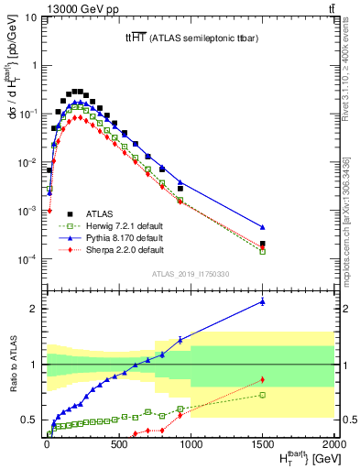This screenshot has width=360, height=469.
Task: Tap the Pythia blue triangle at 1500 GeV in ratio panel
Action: (262, 300)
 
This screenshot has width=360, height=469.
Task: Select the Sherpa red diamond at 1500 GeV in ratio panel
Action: (262, 379)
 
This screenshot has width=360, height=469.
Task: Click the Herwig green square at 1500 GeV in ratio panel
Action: (262, 395)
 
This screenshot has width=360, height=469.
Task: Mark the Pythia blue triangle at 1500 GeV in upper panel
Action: (262, 227)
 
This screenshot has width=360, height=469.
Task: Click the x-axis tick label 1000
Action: (190, 445)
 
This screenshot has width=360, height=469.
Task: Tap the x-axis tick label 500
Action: (117, 445)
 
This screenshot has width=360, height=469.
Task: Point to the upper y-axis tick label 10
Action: (28, 16)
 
